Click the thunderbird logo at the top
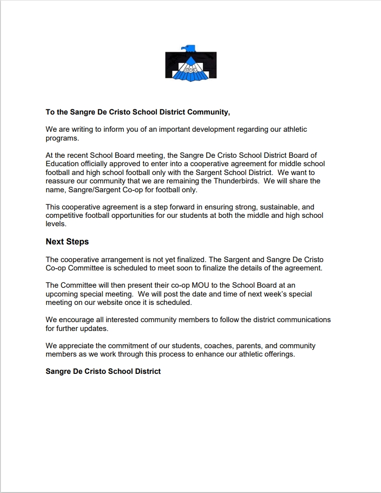point(190,63)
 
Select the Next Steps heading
point(67,242)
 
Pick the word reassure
point(61,181)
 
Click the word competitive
point(65,215)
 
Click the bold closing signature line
point(103,371)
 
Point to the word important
point(180,129)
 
